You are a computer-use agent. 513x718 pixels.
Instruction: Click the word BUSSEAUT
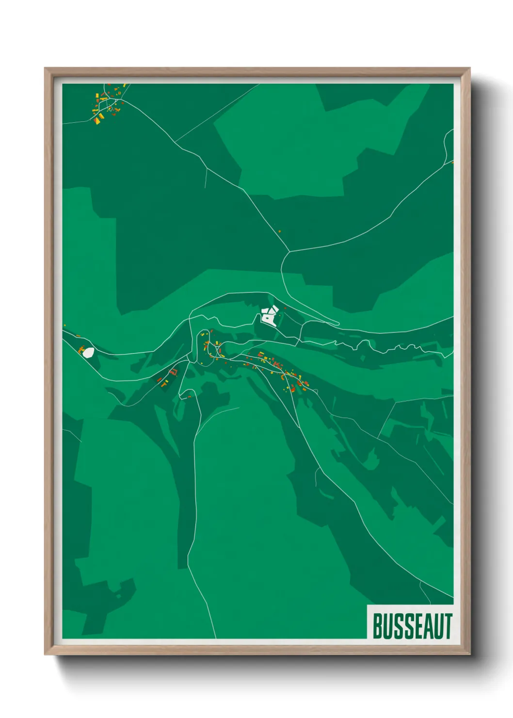412,626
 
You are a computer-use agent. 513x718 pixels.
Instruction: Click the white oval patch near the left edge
88,352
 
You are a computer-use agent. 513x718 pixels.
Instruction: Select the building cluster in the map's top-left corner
108,103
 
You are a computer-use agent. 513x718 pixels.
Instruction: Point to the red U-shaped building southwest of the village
174,372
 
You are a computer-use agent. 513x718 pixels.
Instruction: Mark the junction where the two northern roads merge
289,252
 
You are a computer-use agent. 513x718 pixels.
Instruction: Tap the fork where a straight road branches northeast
176,142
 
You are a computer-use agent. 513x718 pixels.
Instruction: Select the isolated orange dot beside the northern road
279,231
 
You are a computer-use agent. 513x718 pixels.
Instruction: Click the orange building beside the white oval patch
81,348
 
